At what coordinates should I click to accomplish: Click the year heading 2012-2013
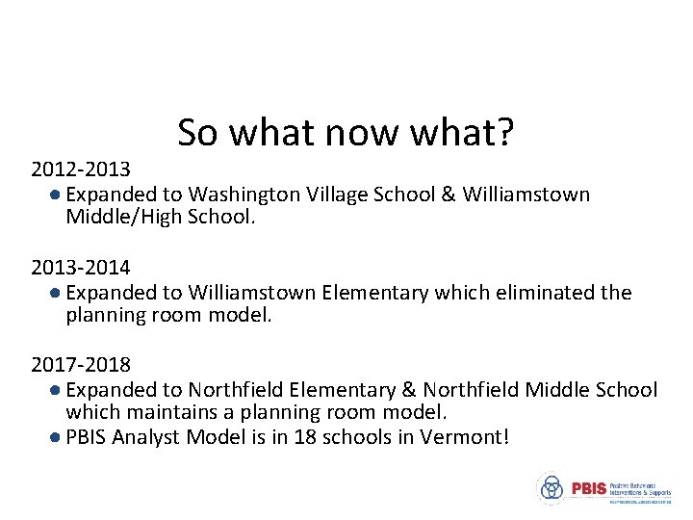tap(81, 170)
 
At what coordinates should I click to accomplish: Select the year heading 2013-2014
tap(81, 268)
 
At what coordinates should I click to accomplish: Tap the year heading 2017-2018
tap(81, 365)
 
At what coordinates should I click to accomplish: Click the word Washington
tap(244, 195)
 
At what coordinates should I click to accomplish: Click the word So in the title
tap(197, 133)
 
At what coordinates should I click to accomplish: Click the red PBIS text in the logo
tap(588, 488)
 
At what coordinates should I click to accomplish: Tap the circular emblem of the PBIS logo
tap(552, 488)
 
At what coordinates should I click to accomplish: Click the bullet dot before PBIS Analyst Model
tap(56, 437)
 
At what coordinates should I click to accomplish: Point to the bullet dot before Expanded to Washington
tap(56, 195)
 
